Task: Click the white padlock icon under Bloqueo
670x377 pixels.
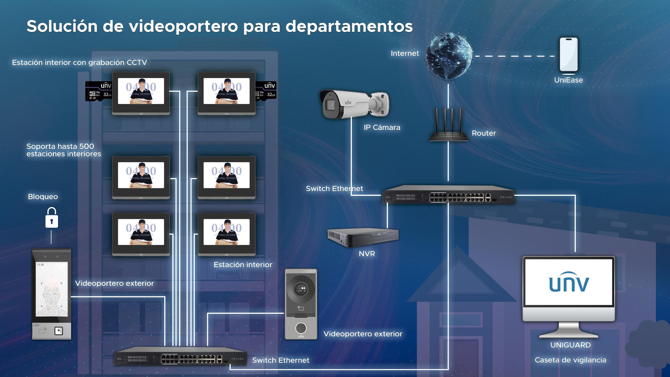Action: [52, 218]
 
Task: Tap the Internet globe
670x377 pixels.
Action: [449, 56]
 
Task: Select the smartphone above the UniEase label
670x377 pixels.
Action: [569, 55]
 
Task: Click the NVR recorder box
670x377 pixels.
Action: [363, 237]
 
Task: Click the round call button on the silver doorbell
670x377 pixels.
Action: [301, 328]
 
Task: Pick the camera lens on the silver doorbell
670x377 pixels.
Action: [301, 288]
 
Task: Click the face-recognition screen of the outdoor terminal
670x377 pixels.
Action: [52, 289]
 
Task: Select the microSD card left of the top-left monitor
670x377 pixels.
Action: [99, 91]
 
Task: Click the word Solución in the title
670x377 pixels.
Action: [62, 26]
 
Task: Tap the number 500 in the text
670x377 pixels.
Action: [87, 146]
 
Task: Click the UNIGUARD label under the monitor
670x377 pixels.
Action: [570, 345]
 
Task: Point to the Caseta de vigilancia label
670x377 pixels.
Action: [570, 360]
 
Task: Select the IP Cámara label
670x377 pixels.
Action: [382, 127]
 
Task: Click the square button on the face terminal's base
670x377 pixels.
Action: [59, 331]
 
